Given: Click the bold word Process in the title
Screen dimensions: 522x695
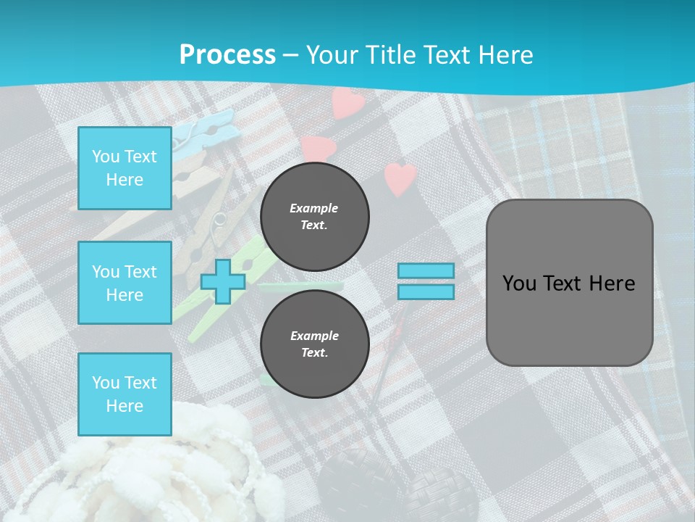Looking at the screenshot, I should [227, 54].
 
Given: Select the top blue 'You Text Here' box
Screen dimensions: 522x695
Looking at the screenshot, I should [125, 168].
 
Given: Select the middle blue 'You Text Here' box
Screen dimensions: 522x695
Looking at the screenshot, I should [125, 283].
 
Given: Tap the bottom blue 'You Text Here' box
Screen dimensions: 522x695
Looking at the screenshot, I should [125, 394].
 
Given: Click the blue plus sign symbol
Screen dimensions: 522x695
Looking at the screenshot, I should [223, 282].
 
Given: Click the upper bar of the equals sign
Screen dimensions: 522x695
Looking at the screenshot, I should [426, 271].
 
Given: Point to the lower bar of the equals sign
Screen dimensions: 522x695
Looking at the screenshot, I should [426, 292].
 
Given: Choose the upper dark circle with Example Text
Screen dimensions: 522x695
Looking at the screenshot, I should [314, 216].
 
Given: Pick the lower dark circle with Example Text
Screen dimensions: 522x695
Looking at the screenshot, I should [314, 344].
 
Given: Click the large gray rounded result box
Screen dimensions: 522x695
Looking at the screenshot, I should [569, 283].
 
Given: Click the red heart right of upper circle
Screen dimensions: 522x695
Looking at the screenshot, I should [400, 178].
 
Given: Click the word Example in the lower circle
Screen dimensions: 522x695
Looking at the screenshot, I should [314, 336].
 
